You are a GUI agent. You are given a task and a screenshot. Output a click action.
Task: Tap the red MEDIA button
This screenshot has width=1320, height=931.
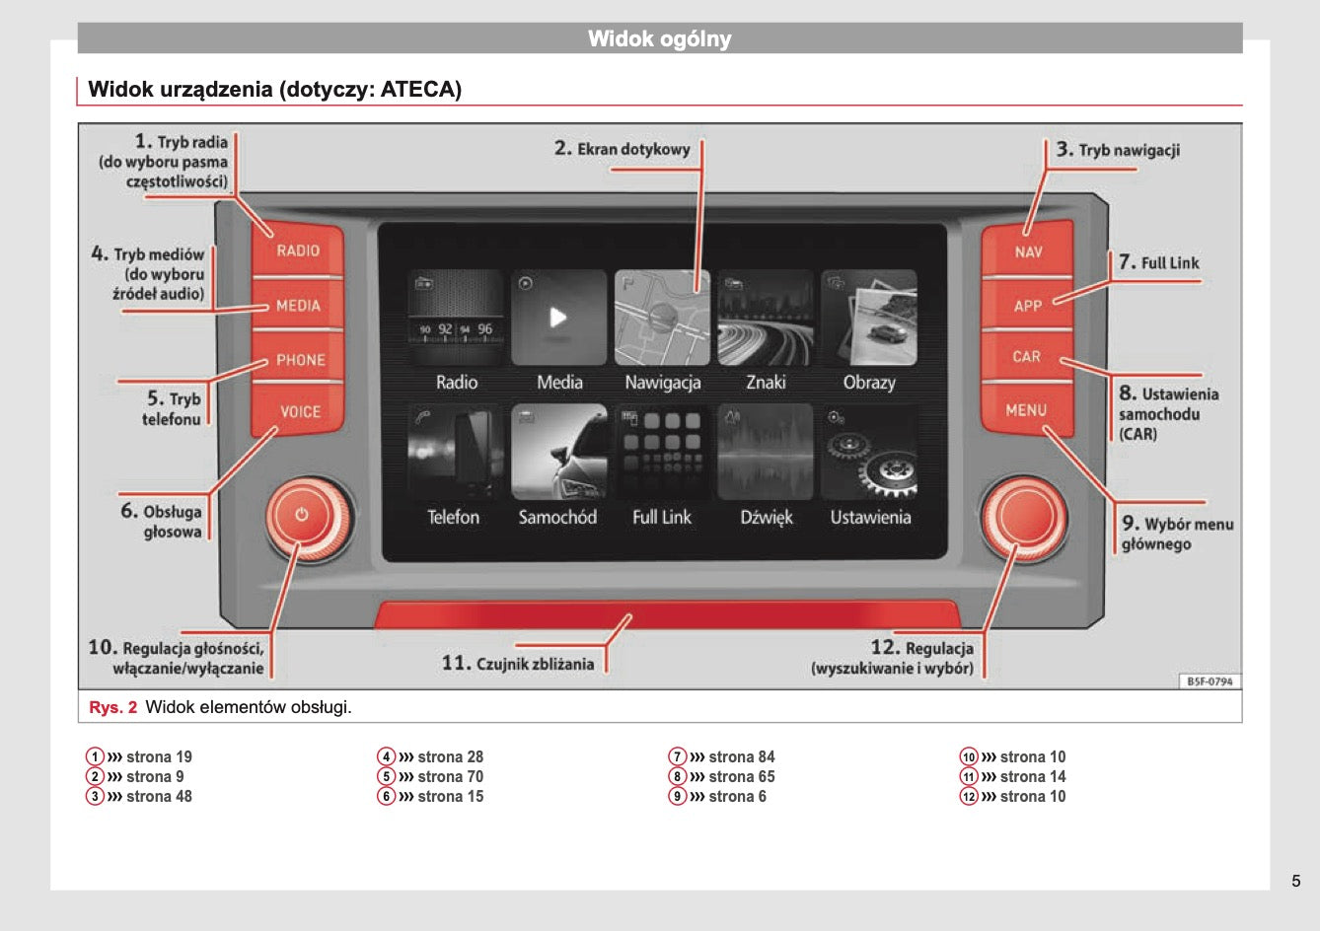point(298,305)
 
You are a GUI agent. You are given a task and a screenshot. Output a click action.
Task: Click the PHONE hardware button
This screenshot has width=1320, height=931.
point(298,358)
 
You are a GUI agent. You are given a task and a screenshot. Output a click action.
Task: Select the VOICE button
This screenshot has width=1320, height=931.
point(298,410)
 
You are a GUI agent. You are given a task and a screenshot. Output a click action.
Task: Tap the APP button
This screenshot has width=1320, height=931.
point(1027,305)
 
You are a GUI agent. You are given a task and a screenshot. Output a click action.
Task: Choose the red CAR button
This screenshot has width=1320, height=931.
point(1027,356)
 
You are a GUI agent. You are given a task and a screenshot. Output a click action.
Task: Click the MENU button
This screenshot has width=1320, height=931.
point(1027,409)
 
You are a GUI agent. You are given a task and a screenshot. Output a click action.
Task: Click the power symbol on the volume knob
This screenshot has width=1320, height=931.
point(302,515)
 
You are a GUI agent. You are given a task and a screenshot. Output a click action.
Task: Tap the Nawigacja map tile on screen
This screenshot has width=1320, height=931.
point(662,318)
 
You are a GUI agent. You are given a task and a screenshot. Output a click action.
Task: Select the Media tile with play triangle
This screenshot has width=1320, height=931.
point(558,318)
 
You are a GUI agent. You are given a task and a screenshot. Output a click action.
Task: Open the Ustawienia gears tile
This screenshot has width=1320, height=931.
point(869,452)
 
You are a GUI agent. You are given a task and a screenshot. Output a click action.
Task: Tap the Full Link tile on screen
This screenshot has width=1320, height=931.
point(662,452)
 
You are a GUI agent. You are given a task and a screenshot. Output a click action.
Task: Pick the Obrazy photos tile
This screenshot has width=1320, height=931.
point(869,318)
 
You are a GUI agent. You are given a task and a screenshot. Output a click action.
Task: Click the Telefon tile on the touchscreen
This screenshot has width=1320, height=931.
point(456,452)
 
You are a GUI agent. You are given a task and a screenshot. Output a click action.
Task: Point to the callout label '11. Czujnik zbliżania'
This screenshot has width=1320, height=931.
point(518,664)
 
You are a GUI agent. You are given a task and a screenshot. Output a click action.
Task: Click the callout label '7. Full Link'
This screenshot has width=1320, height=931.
point(1159,262)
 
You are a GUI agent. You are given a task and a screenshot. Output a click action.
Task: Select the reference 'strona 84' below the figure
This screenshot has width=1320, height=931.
point(741,756)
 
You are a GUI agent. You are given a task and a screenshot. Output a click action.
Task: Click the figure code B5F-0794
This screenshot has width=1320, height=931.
point(1210,681)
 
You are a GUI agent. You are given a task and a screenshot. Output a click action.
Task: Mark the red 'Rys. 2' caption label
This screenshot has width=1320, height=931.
point(112,707)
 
